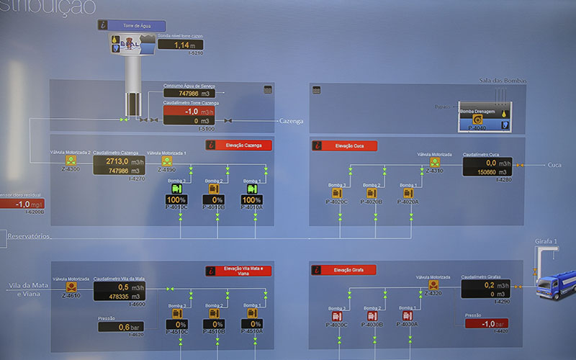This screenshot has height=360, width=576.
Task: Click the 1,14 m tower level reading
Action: point(180,45)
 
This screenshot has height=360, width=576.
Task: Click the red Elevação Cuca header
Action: point(349,145)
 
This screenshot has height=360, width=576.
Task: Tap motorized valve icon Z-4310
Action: point(434,163)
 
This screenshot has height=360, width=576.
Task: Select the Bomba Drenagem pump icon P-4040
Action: point(477,119)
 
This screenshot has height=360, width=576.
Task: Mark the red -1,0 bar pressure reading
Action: point(487,323)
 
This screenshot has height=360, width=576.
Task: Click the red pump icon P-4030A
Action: point(408,315)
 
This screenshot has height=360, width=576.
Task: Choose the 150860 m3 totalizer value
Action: point(487,172)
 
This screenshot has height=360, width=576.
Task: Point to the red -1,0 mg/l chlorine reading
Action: point(20,204)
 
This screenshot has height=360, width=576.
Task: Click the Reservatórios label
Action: point(29,236)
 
